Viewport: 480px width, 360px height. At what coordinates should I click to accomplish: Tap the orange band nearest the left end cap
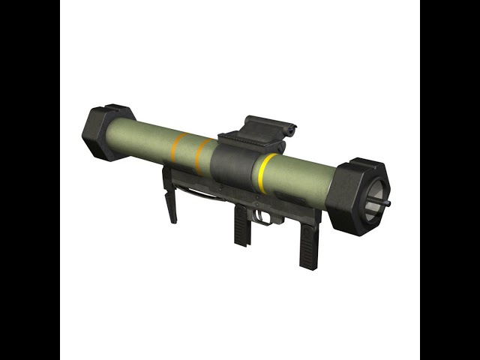(178, 148)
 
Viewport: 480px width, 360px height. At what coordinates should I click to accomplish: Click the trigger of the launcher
(262, 215)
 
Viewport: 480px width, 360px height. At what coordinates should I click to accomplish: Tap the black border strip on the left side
(30, 180)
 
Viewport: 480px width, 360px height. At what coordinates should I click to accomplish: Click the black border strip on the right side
(450, 180)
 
